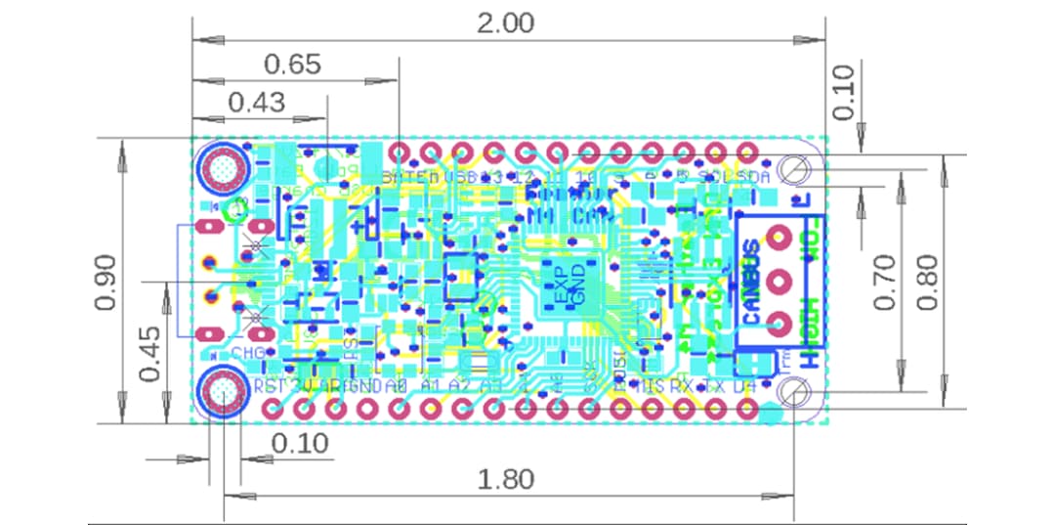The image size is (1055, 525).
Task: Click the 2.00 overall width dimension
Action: (x=505, y=22)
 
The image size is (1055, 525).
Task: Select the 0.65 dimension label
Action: (x=292, y=65)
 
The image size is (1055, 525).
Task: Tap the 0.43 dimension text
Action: (x=256, y=101)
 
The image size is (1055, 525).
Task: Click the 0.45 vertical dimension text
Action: (x=149, y=354)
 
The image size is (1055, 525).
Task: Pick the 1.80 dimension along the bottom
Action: (x=505, y=479)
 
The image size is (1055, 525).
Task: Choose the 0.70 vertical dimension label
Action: (x=885, y=282)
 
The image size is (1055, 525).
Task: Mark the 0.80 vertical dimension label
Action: (x=928, y=282)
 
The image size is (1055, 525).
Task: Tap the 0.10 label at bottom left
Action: (x=300, y=443)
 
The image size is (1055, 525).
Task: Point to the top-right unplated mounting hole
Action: (x=796, y=170)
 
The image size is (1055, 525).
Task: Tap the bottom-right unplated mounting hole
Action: (x=796, y=392)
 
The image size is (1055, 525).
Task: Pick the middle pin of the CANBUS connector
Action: (x=779, y=282)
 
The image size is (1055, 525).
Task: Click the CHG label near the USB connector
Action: (x=245, y=352)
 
